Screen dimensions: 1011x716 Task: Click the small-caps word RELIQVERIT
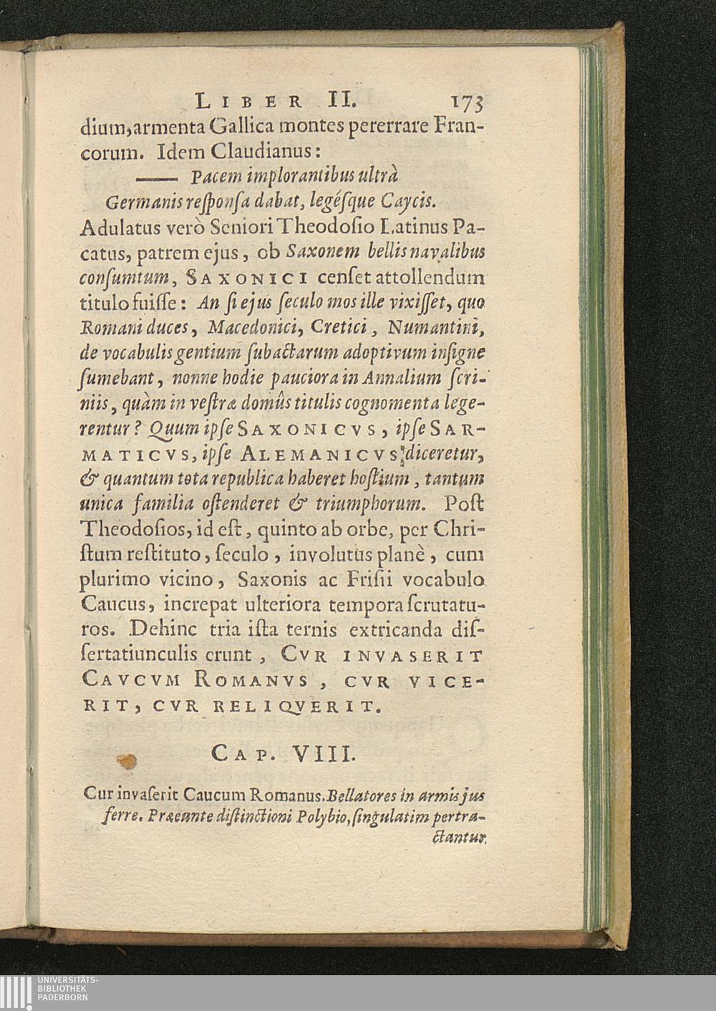301,709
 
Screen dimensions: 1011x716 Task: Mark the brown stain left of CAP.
130,762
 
